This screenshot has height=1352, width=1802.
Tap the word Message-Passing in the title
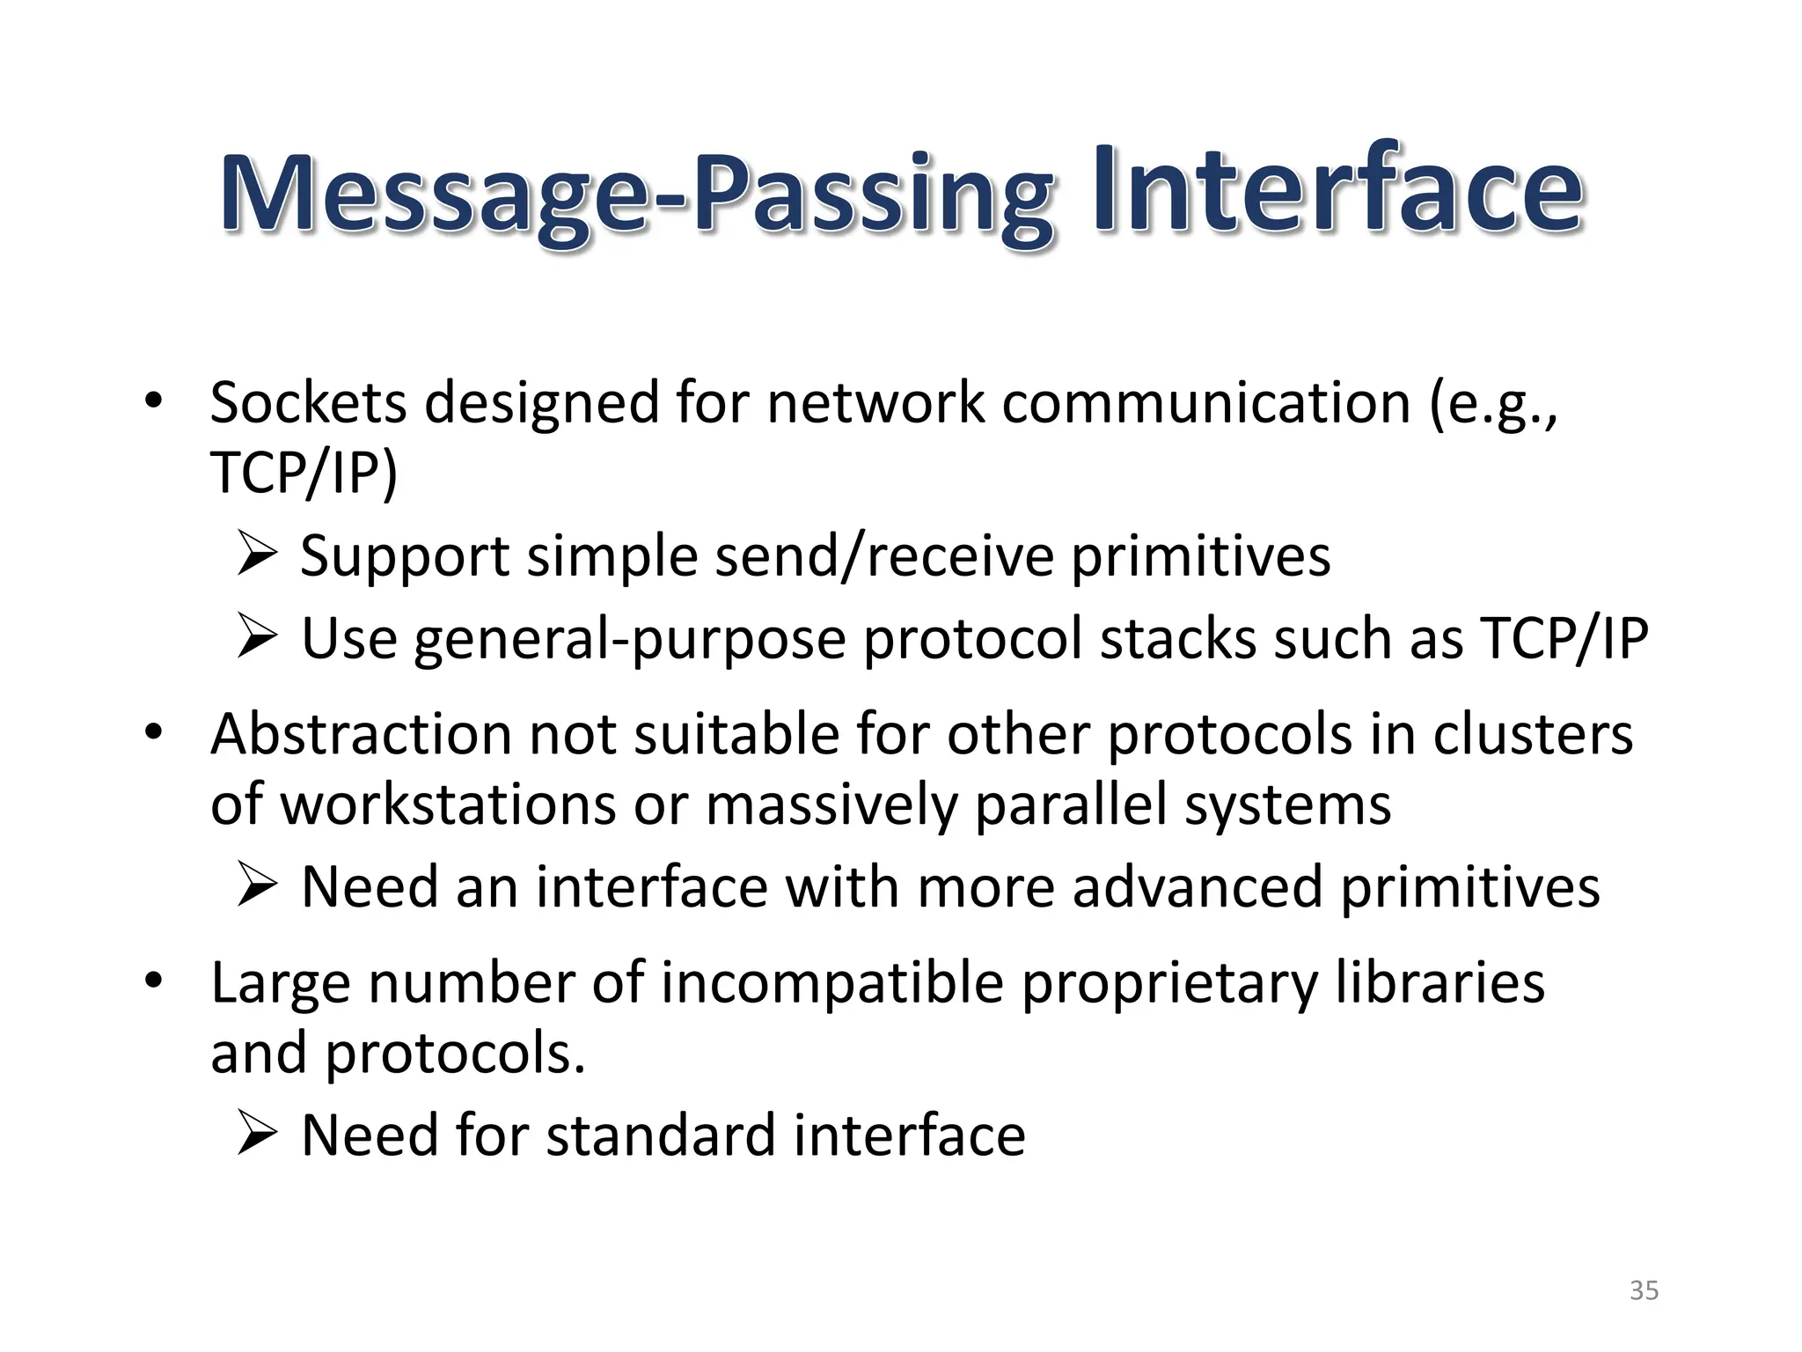pyautogui.click(x=635, y=195)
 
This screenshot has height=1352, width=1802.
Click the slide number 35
pyautogui.click(x=1644, y=1290)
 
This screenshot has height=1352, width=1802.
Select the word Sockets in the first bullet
pyautogui.click(x=308, y=403)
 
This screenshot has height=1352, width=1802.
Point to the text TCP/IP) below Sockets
pyautogui.click(x=304, y=474)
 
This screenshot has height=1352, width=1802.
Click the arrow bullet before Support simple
pyautogui.click(x=257, y=556)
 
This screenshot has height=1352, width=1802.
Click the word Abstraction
pyautogui.click(x=361, y=734)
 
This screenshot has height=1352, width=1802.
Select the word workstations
pyautogui.click(x=449, y=805)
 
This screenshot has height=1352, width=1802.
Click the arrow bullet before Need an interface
pyautogui.click(x=257, y=886)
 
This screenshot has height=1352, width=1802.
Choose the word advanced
pyautogui.click(x=1198, y=886)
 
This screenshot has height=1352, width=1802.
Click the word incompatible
pyautogui.click(x=832, y=982)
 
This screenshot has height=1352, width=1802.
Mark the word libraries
pyautogui.click(x=1439, y=982)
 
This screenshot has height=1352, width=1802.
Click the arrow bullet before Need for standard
pyautogui.click(x=257, y=1135)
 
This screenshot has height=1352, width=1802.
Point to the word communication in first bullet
pyautogui.click(x=1206, y=403)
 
